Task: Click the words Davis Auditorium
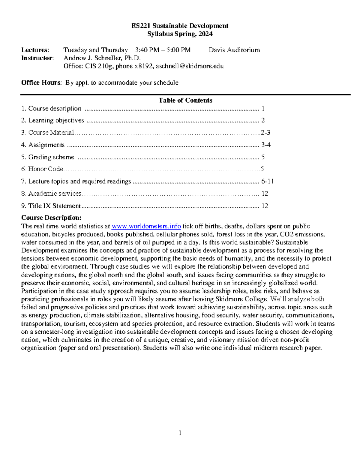[234, 50]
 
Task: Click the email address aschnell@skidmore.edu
[190, 66]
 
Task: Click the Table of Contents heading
[185, 101]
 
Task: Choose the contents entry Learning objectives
[56, 121]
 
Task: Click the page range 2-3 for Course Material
[265, 133]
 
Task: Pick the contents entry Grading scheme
[51, 157]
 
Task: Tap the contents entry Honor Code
[45, 169]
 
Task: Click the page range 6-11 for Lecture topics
[267, 182]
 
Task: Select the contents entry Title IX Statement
[54, 206]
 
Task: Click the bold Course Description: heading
[51, 218]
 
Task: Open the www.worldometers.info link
[146, 226]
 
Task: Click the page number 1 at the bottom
[180, 433]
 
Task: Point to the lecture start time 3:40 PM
[147, 50]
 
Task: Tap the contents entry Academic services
[55, 194]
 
